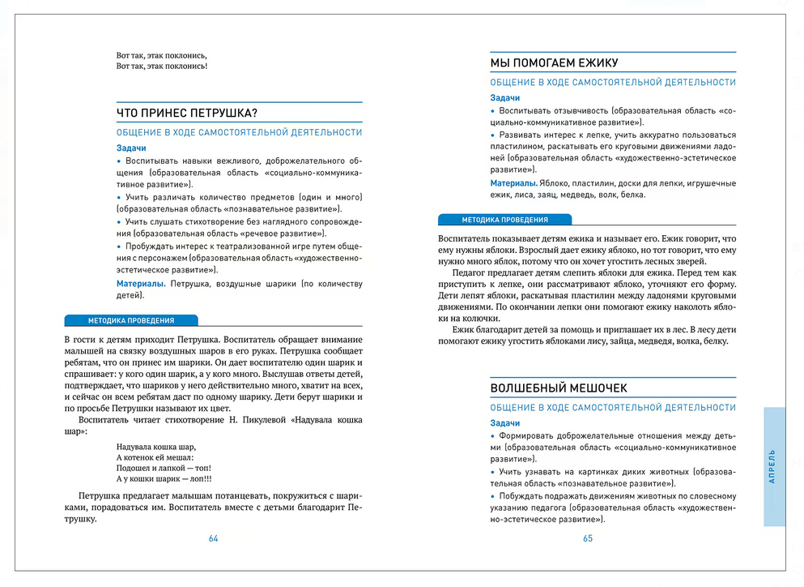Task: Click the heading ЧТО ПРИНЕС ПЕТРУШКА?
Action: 188,113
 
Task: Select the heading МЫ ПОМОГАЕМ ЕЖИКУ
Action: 555,63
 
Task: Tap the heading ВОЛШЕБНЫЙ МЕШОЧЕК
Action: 559,388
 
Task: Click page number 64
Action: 214,538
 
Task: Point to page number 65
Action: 588,538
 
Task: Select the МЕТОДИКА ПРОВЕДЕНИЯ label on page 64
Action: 130,320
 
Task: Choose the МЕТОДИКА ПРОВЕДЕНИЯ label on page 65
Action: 504,220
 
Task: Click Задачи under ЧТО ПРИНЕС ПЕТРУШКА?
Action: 131,148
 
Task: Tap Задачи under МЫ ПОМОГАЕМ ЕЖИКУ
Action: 505,98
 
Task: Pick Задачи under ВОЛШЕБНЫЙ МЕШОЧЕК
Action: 505,423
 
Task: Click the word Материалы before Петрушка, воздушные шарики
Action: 141,284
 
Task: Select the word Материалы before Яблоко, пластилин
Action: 514,183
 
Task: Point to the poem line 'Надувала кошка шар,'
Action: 156,447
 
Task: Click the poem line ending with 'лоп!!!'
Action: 169,478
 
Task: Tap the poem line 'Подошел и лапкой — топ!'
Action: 164,468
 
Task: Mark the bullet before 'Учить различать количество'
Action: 119,198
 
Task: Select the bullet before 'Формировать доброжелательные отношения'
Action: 493,435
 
